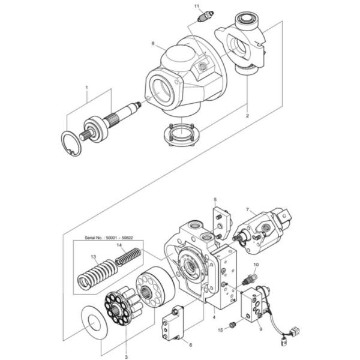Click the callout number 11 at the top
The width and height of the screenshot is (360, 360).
(x=196, y=6)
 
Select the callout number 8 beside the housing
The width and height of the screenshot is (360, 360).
(x=153, y=44)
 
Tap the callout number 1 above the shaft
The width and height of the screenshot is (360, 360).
(x=86, y=87)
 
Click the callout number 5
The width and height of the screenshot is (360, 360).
(x=214, y=199)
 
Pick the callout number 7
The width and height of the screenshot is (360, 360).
(x=247, y=209)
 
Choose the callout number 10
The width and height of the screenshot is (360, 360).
(x=256, y=265)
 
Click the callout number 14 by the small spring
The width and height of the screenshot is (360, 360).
(x=119, y=245)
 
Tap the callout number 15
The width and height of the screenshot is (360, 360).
(x=220, y=329)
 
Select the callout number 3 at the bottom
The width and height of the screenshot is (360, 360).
(x=126, y=356)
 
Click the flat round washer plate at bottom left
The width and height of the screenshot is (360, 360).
(x=94, y=319)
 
